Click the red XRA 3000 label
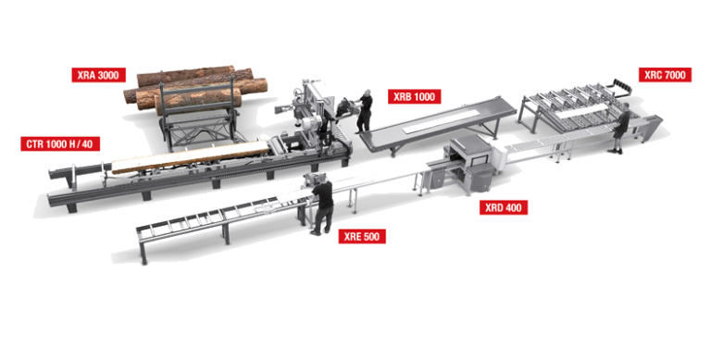[98, 75]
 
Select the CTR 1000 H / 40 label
[59, 144]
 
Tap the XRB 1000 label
[414, 97]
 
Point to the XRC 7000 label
[665, 75]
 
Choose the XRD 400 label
[504, 207]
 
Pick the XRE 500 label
[362, 236]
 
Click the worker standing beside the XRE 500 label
[322, 205]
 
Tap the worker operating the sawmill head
[364, 111]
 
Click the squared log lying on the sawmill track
[191, 157]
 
